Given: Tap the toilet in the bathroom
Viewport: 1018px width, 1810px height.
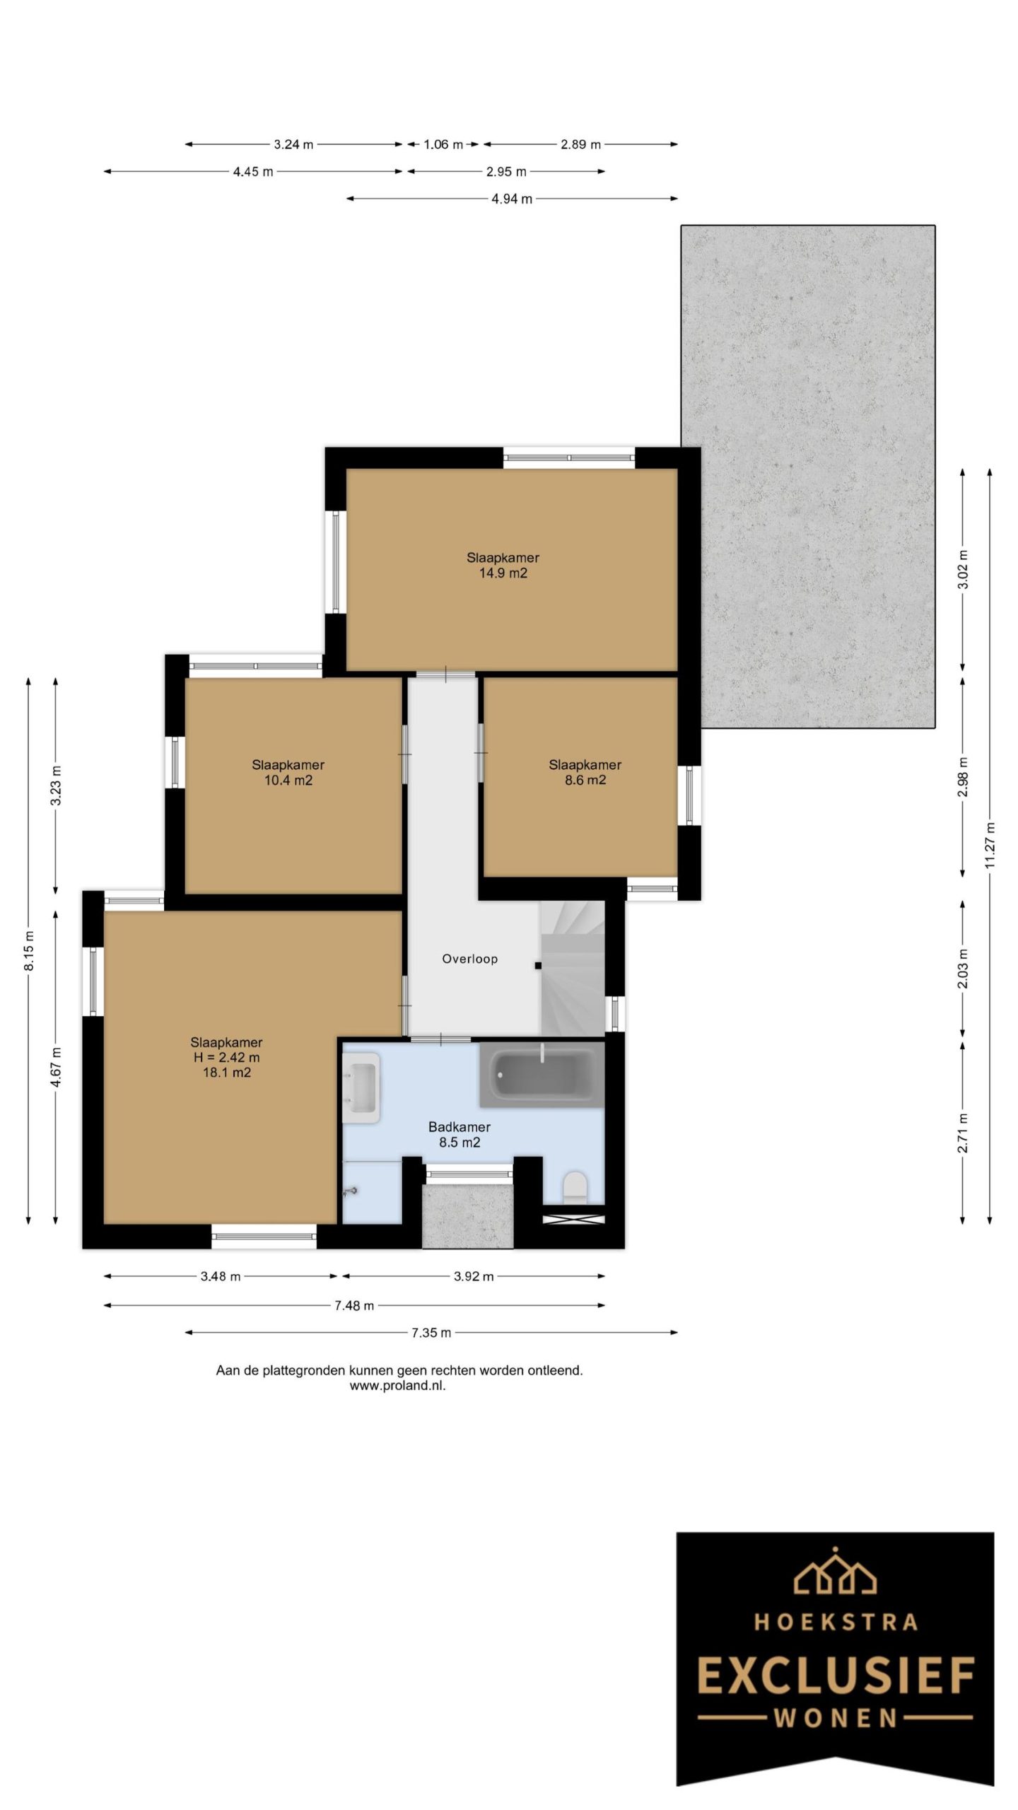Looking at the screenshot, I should click(x=574, y=1187).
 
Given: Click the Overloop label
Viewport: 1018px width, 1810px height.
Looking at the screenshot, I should click(x=469, y=959).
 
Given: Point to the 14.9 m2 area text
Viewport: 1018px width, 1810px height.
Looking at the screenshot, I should click(x=503, y=573).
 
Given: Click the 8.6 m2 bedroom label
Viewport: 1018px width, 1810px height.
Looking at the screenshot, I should click(x=585, y=781).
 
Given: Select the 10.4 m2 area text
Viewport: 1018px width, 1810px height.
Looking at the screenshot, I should click(x=288, y=781).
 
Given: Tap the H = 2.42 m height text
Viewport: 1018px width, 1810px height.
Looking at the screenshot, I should click(x=226, y=1058).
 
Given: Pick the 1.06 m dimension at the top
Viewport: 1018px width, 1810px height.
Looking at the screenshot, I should click(x=443, y=145).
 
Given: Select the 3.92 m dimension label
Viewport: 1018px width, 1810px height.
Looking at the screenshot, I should click(x=474, y=1276).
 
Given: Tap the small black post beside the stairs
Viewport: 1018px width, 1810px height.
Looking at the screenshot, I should click(x=538, y=965).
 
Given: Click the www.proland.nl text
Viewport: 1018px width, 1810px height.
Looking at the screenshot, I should click(x=398, y=1386).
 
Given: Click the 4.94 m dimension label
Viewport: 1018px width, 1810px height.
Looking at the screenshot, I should click(x=512, y=199).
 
